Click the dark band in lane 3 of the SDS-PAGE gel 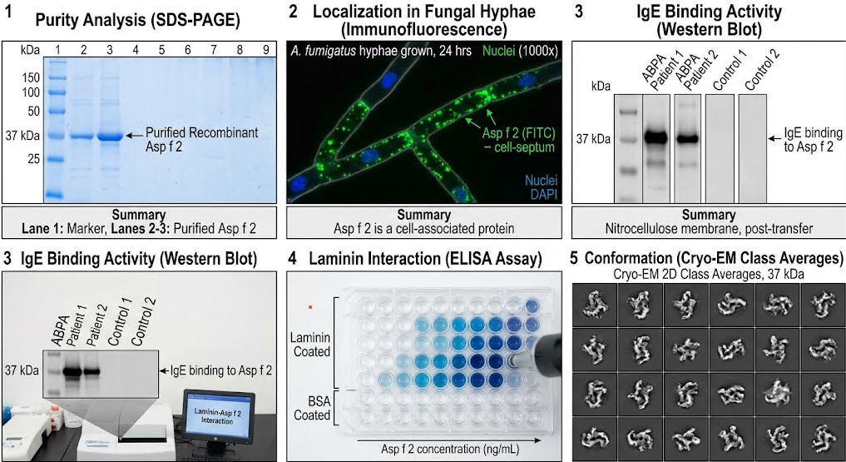point(110,137)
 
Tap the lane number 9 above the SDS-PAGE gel point(265,50)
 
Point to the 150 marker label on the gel point(32,77)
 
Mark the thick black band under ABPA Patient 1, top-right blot point(656,137)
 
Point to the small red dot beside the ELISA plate point(310,307)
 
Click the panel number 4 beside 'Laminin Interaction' point(292,261)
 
